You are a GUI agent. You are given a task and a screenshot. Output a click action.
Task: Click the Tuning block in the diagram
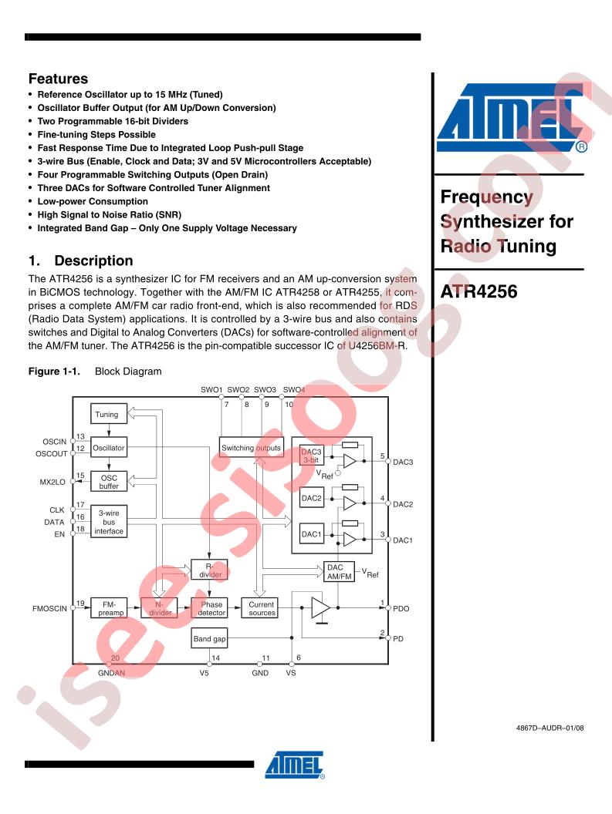click(x=107, y=415)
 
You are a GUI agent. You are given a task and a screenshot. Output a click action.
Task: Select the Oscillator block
click(x=108, y=448)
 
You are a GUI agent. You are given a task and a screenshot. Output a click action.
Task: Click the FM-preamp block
click(x=107, y=608)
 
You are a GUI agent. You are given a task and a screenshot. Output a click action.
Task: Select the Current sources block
click(x=262, y=608)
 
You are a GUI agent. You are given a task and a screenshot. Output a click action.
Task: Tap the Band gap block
click(x=209, y=639)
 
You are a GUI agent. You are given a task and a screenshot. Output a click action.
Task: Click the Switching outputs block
click(x=250, y=448)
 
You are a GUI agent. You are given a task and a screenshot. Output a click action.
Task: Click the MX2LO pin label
click(x=53, y=481)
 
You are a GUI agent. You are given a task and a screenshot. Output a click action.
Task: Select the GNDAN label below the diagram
click(x=110, y=673)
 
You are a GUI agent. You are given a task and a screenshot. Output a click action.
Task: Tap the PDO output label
click(x=401, y=608)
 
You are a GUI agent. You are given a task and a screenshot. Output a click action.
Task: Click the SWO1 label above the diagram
click(x=211, y=389)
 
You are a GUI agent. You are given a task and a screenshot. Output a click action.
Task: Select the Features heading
click(x=58, y=79)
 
